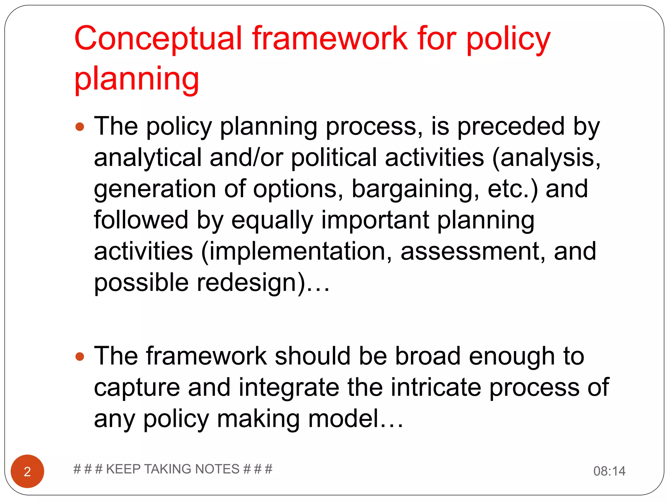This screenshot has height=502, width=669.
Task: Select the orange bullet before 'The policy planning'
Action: pos(80,127)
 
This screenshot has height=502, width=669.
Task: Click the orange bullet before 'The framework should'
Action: pos(80,357)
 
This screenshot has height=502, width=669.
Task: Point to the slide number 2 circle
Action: pos(27,471)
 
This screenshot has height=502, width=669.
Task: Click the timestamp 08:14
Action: pos(609,471)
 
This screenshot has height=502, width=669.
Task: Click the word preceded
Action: pos(511,126)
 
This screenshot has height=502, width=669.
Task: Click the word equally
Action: pos(272,220)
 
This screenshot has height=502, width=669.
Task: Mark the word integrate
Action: pos(289,387)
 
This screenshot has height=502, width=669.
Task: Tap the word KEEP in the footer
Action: pos(123,469)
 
